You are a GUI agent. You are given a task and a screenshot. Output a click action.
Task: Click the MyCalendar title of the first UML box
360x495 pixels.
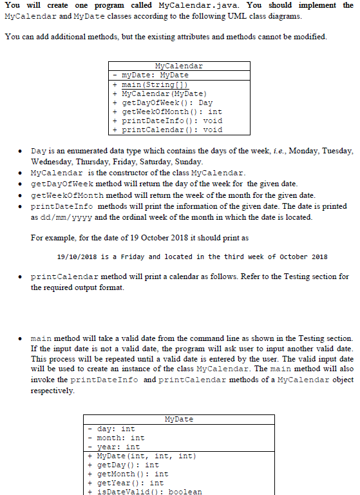tap(178, 66)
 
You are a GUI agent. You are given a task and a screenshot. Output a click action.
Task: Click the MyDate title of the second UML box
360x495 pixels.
tap(178, 419)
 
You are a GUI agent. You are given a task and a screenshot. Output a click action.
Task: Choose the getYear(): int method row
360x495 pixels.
tap(127, 483)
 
